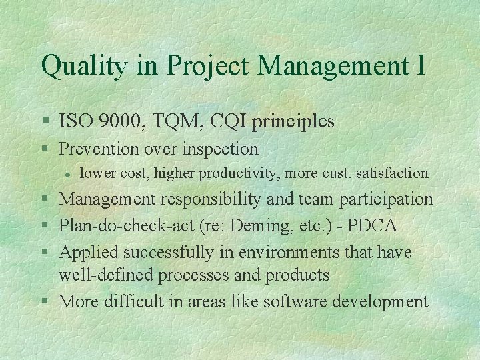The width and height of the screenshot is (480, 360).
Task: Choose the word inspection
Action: coord(218,148)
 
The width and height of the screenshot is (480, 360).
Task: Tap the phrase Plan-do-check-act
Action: coord(126,225)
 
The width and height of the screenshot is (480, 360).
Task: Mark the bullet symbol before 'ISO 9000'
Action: coord(45,122)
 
